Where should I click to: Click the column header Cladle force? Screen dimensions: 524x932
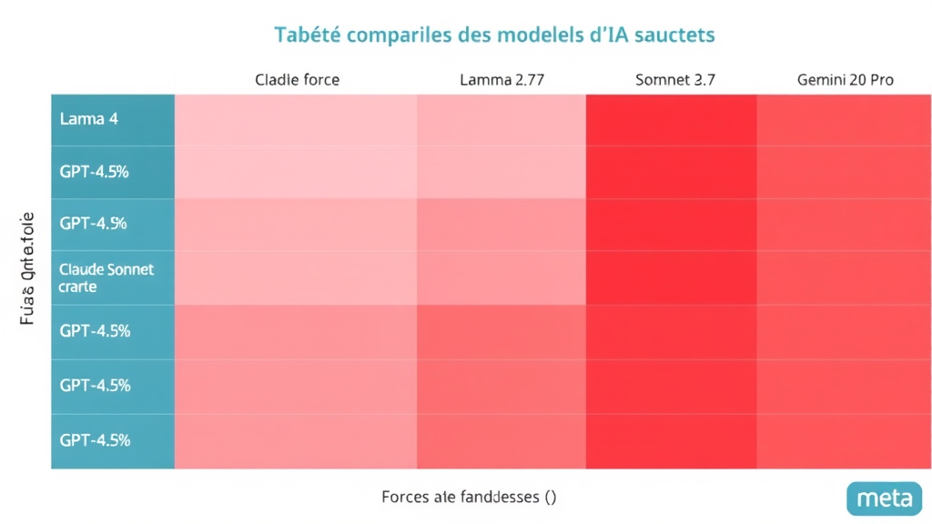(x=297, y=80)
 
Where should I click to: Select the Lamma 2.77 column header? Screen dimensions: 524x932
(x=501, y=80)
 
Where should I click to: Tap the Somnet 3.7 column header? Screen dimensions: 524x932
(x=674, y=80)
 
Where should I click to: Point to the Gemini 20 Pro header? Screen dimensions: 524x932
(x=845, y=80)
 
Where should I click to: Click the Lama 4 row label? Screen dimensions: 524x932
(x=88, y=119)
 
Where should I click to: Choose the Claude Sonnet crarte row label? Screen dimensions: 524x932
(x=106, y=277)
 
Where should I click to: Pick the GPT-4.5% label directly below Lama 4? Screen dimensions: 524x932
(x=94, y=171)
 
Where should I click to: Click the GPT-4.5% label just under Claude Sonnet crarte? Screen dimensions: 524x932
(x=95, y=331)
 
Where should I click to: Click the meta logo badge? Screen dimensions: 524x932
(x=884, y=499)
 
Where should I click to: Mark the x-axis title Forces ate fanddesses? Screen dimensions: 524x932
(x=469, y=497)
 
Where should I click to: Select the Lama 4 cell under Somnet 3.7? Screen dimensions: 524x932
(x=671, y=119)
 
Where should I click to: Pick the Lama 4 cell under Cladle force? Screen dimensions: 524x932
(x=296, y=119)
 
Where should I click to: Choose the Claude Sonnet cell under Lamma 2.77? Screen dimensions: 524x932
(x=501, y=277)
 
